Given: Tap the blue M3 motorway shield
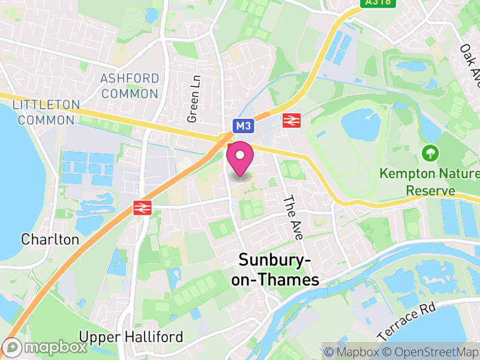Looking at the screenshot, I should (242, 125).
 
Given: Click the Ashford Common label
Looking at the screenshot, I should (130, 86).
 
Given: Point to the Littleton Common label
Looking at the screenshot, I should (46, 112).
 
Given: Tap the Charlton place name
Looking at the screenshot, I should (50, 239).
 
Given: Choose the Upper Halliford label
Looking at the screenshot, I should (131, 337).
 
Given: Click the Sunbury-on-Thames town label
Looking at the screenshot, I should (278, 270).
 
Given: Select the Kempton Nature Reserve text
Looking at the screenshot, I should (430, 182).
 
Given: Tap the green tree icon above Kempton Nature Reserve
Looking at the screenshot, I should (430, 153).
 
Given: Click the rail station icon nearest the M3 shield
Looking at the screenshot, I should (292, 121).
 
